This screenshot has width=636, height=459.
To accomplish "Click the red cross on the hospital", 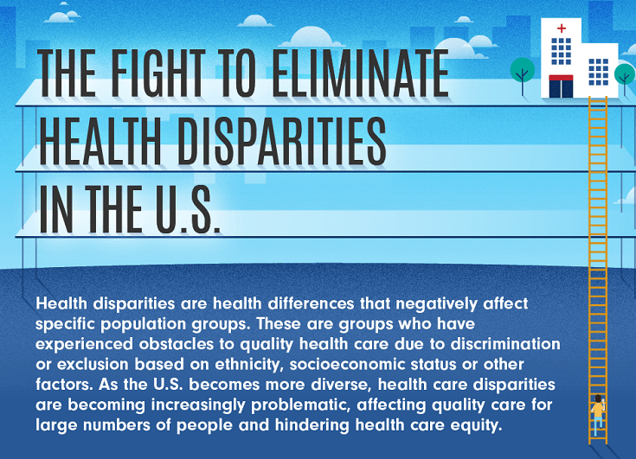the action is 562,29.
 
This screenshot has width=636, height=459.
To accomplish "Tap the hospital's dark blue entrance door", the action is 561,89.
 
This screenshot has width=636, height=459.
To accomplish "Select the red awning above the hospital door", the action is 561,78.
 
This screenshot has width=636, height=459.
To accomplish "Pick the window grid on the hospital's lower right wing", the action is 598,72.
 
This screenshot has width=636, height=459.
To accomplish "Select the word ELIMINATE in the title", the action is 360,73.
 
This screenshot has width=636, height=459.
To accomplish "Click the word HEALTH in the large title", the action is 100,142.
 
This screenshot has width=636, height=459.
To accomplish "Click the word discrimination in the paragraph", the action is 505,344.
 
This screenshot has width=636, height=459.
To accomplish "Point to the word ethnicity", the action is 247,365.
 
